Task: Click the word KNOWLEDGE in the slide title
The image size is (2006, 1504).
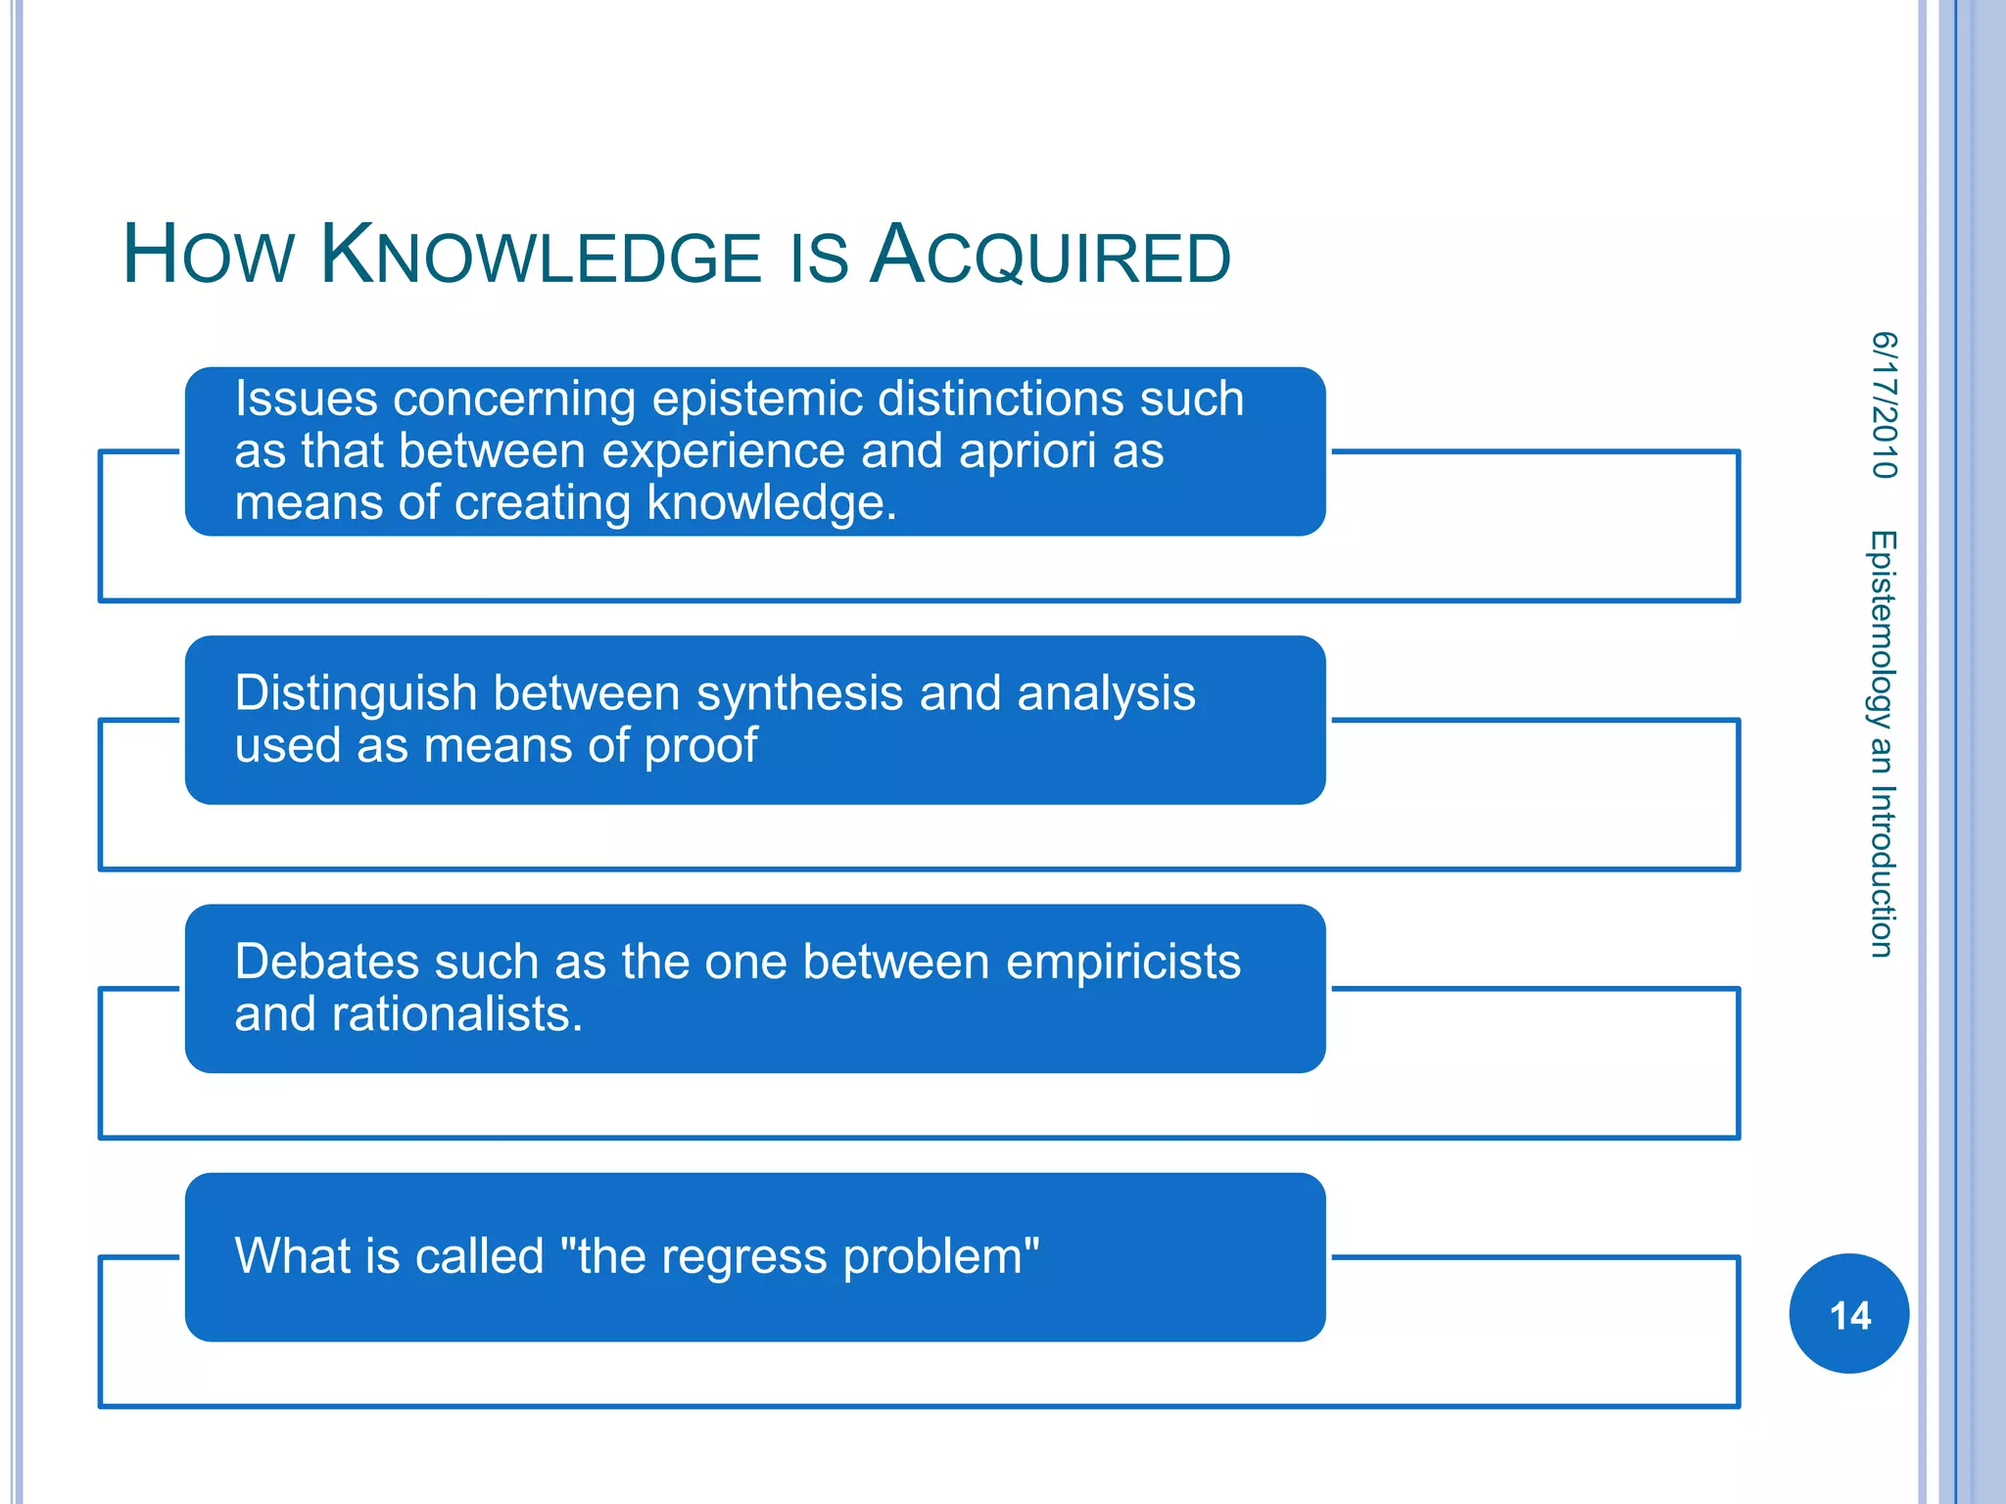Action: (541, 257)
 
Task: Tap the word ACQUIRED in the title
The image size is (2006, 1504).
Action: (1050, 257)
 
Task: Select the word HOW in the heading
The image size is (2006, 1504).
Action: (208, 257)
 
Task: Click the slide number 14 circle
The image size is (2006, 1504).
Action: (1848, 1314)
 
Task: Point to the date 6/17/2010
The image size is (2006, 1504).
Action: (1884, 405)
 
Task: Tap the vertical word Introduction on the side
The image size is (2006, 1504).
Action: (1882, 871)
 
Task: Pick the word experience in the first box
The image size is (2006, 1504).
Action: (723, 451)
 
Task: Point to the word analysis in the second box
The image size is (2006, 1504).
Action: (1106, 694)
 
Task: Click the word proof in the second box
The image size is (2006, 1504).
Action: (700, 746)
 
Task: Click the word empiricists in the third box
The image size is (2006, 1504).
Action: (1122, 962)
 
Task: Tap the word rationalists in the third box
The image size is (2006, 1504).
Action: (456, 1014)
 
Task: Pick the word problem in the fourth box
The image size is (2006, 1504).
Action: (941, 1257)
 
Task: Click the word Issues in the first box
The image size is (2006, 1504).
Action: (306, 399)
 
